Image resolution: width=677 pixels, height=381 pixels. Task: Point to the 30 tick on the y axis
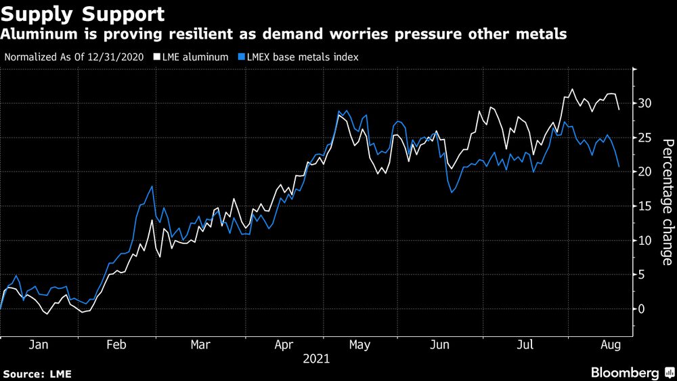[x=645, y=104]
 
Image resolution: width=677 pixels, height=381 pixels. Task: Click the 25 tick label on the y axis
[x=645, y=138]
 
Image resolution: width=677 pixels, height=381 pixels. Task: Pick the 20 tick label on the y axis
[x=645, y=172]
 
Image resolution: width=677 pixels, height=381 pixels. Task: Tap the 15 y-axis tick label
[x=645, y=206]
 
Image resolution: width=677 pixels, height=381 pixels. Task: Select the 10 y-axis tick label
[x=645, y=241]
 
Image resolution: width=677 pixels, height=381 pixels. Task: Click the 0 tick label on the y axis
[x=641, y=309]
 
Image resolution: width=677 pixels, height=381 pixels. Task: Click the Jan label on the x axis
[x=39, y=344]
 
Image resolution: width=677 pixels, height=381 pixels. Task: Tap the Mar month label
[x=200, y=344]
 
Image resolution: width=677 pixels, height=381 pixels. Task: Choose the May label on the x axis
[x=359, y=344]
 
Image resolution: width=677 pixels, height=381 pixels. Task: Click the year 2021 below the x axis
[x=316, y=358]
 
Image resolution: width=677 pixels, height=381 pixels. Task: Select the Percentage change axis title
[x=667, y=202]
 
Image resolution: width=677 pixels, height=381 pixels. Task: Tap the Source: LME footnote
[x=37, y=374]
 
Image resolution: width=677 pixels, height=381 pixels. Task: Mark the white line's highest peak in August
[x=572, y=89]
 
